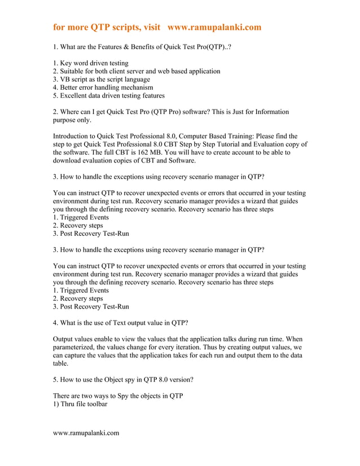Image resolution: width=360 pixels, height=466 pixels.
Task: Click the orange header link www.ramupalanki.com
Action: point(214,27)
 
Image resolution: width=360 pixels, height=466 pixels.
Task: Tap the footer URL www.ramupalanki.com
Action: point(86,433)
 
